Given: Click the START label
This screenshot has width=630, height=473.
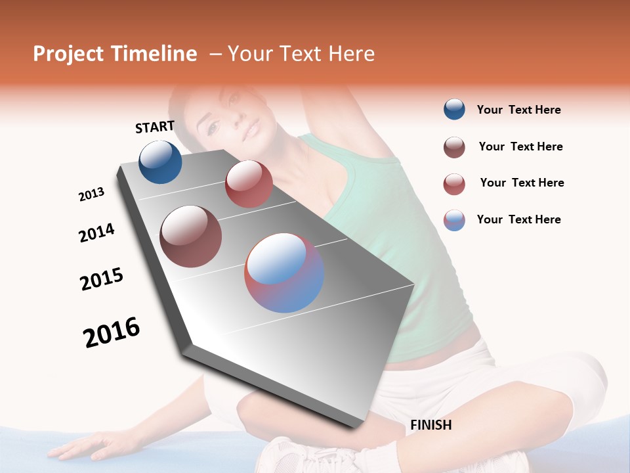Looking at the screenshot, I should (155, 127).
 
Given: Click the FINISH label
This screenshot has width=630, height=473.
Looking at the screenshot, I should (430, 425).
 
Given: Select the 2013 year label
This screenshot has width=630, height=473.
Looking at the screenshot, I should (91, 194).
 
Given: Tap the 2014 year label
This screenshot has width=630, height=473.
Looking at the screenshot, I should (96, 233).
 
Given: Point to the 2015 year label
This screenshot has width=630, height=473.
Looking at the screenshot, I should (102, 279).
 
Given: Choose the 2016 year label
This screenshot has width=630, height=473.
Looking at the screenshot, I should (112, 332).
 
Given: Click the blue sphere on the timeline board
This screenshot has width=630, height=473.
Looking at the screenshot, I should (160, 162).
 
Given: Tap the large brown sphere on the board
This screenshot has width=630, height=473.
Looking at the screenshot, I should (191, 236).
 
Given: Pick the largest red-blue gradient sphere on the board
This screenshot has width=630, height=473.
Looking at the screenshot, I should (284, 273).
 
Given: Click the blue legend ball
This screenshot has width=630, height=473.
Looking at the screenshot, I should (454, 110).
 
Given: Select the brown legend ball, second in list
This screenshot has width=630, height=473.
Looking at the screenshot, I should (454, 147).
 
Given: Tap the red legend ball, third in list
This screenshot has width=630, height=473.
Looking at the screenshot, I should (454, 184).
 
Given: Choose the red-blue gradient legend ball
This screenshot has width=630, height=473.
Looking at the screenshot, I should (454, 220).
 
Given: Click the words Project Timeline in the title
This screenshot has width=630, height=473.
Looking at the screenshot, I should (115, 54).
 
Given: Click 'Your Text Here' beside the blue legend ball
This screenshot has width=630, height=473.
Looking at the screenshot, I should (518, 110).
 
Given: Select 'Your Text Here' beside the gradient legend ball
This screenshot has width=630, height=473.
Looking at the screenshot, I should (518, 219).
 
